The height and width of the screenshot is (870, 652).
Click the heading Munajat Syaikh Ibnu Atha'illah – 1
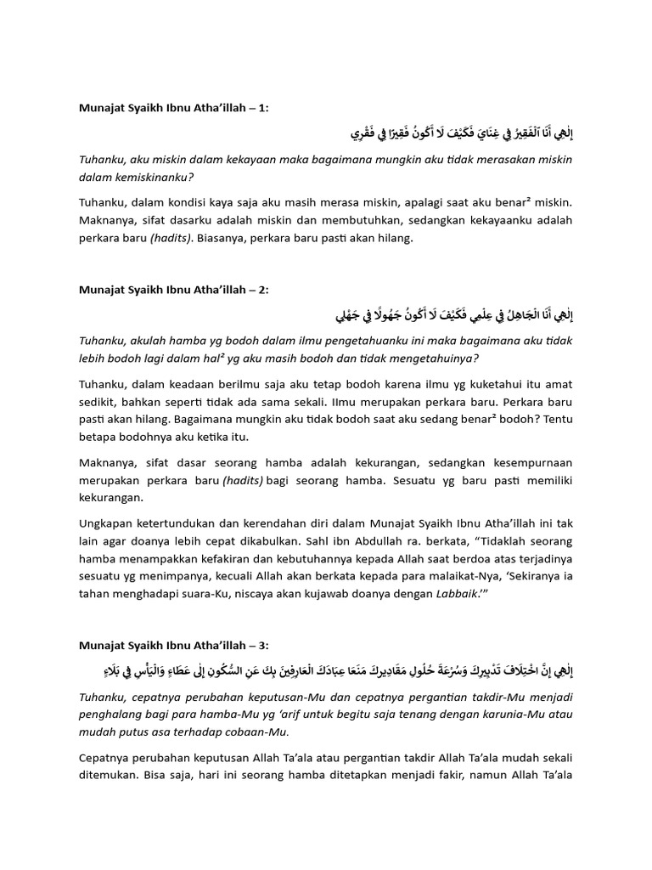tap(173, 107)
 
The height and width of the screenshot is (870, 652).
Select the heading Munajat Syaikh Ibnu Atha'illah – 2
tap(173, 290)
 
